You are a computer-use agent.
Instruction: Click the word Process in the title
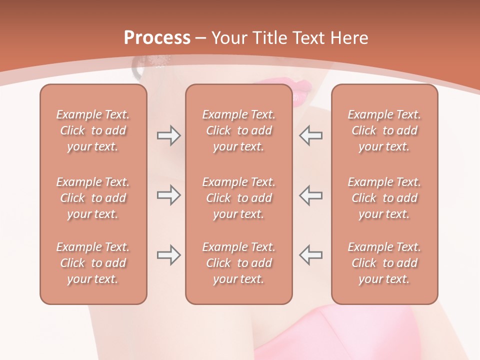click(x=157, y=38)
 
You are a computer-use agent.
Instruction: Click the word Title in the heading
click(x=269, y=38)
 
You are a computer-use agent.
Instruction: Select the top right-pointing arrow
click(x=168, y=135)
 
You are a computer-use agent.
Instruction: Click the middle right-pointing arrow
click(x=168, y=195)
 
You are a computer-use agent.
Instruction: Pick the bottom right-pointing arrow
click(x=168, y=255)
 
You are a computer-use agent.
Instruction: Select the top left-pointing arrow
click(x=310, y=135)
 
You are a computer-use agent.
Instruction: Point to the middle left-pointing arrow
click(x=310, y=195)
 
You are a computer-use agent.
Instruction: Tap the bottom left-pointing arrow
click(x=310, y=255)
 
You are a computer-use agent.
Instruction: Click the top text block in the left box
click(x=93, y=130)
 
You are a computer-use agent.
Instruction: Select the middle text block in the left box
click(x=93, y=198)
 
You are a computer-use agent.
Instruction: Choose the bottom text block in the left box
click(x=93, y=263)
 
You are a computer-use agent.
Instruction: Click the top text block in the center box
click(x=239, y=130)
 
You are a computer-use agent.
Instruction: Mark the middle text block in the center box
click(x=239, y=198)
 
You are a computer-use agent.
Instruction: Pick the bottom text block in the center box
click(x=239, y=263)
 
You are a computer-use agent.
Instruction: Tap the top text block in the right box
click(x=384, y=130)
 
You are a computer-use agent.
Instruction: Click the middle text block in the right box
click(x=384, y=198)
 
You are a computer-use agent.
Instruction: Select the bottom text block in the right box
click(x=384, y=263)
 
